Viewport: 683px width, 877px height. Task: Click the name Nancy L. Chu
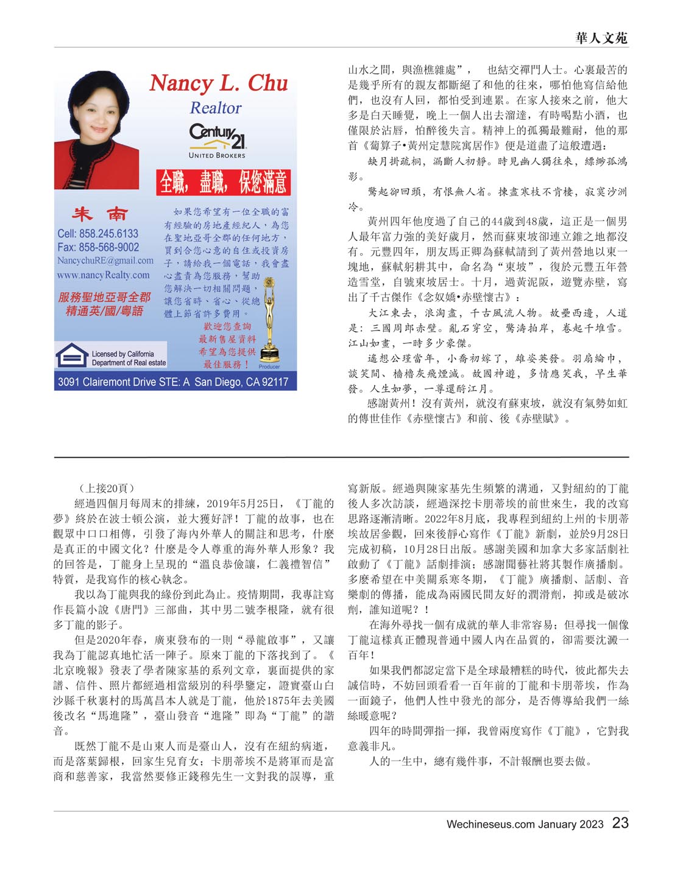pos(219,83)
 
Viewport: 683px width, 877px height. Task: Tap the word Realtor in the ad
pos(216,108)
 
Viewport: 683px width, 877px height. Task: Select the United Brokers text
pos(217,155)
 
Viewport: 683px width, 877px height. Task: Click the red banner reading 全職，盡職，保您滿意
pos(223,182)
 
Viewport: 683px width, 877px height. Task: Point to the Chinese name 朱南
pos(101,214)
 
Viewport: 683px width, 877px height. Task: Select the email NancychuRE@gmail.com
pos(105,260)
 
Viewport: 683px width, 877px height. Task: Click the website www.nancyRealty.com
pos(103,275)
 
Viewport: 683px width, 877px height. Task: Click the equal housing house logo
pos(71,355)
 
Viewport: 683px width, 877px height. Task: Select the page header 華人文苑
pos(601,38)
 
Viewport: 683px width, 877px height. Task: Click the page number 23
pos(620,823)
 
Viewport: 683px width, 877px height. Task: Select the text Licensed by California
pos(122,354)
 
